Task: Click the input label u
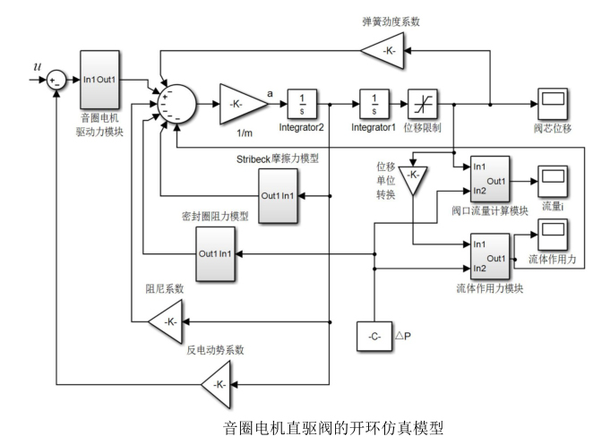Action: (36, 65)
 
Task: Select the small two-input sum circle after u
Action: (56, 81)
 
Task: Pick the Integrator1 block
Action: (373, 103)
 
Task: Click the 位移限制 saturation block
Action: (421, 103)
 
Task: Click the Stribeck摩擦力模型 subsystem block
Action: (279, 196)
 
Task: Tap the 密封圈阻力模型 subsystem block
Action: (217, 253)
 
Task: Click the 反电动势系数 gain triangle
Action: (218, 386)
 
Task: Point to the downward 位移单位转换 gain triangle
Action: (412, 175)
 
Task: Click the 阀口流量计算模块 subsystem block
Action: (488, 180)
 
